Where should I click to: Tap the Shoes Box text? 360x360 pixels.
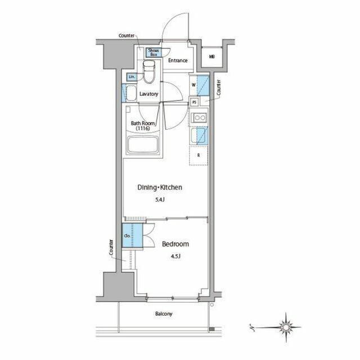(x=153, y=52)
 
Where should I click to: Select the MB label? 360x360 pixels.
(x=211, y=56)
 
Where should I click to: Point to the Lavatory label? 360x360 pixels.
(x=149, y=94)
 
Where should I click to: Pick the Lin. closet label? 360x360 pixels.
(x=131, y=76)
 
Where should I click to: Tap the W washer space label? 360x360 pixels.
(x=193, y=85)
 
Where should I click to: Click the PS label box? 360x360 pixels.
(x=194, y=102)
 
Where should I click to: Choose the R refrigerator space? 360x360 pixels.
(x=199, y=155)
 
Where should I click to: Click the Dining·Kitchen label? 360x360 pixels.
(x=160, y=187)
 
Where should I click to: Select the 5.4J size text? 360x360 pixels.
(x=160, y=200)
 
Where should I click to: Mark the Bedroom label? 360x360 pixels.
(x=175, y=244)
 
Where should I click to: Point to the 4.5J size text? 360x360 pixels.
(x=175, y=257)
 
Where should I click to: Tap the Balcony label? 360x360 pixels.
(x=164, y=314)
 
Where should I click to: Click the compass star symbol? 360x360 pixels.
(x=286, y=326)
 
